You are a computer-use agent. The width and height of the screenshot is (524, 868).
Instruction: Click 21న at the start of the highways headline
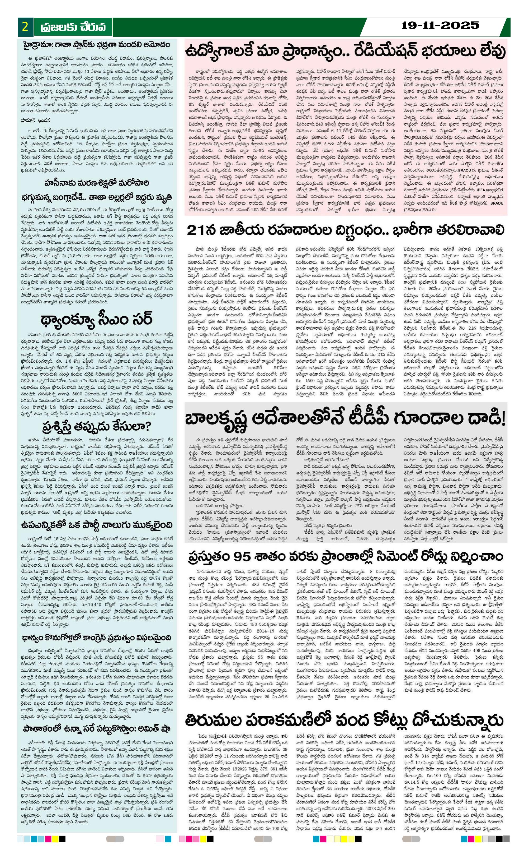click(198, 230)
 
